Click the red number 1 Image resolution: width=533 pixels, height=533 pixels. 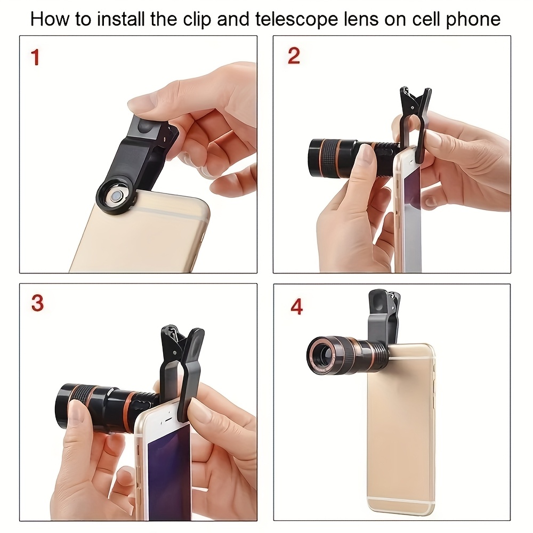[x=35, y=57]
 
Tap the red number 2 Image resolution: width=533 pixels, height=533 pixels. [x=294, y=55]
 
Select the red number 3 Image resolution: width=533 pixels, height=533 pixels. [x=37, y=303]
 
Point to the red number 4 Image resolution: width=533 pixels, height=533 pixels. [x=296, y=307]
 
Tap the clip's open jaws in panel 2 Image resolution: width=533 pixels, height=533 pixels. [x=415, y=101]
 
